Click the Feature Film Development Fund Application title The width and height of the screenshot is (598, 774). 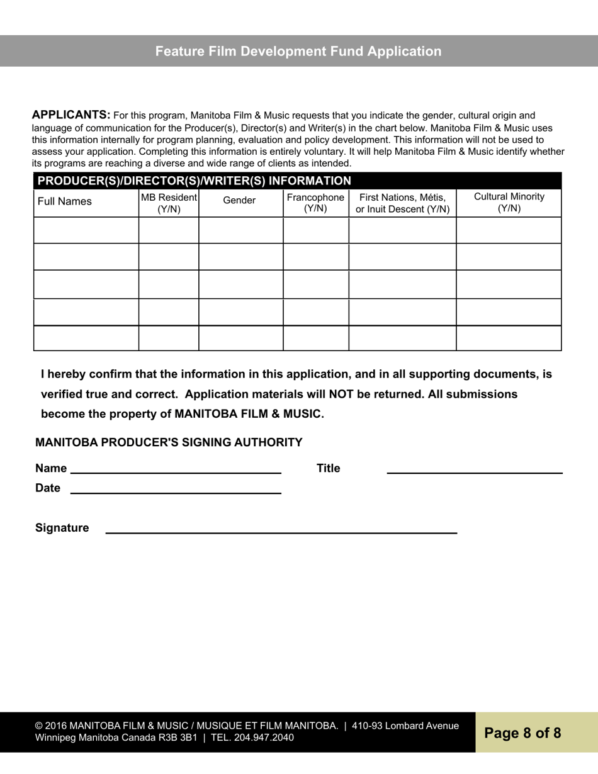click(298, 52)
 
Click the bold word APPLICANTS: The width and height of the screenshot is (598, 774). click(71, 115)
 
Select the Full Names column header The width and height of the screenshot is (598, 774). click(65, 201)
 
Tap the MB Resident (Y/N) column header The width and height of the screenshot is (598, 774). click(169, 203)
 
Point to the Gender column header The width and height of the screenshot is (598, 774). click(240, 201)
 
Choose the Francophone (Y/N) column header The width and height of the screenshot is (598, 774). click(315, 203)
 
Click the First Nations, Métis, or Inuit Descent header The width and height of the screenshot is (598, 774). click(402, 203)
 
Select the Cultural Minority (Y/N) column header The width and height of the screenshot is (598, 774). click(509, 203)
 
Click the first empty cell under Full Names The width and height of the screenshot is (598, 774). click(86, 230)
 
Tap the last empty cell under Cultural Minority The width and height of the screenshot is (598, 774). click(509, 338)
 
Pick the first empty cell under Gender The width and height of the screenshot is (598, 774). click(240, 230)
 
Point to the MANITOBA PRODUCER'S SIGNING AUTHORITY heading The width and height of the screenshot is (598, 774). click(169, 442)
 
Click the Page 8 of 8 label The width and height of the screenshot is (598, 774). click(522, 733)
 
